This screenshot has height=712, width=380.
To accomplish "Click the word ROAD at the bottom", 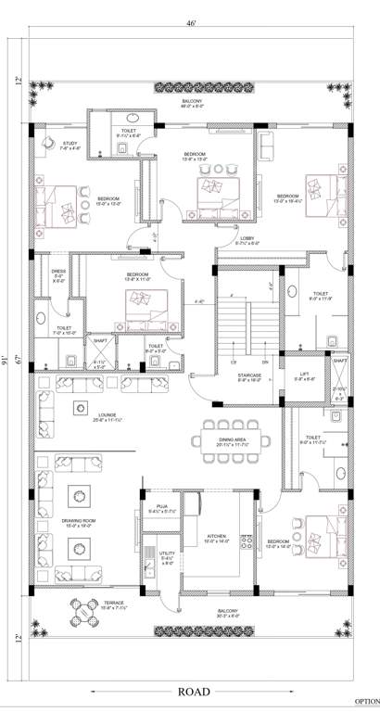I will point(195,692).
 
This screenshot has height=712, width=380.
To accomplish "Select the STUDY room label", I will point(70,143).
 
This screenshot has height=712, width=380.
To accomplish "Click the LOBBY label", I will point(247,238).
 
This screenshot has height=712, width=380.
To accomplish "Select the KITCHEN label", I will point(216,539).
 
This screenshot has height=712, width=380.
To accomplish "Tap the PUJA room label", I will point(162,506).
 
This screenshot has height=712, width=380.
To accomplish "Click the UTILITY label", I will point(168,553).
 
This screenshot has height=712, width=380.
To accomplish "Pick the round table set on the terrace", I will point(85,612).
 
